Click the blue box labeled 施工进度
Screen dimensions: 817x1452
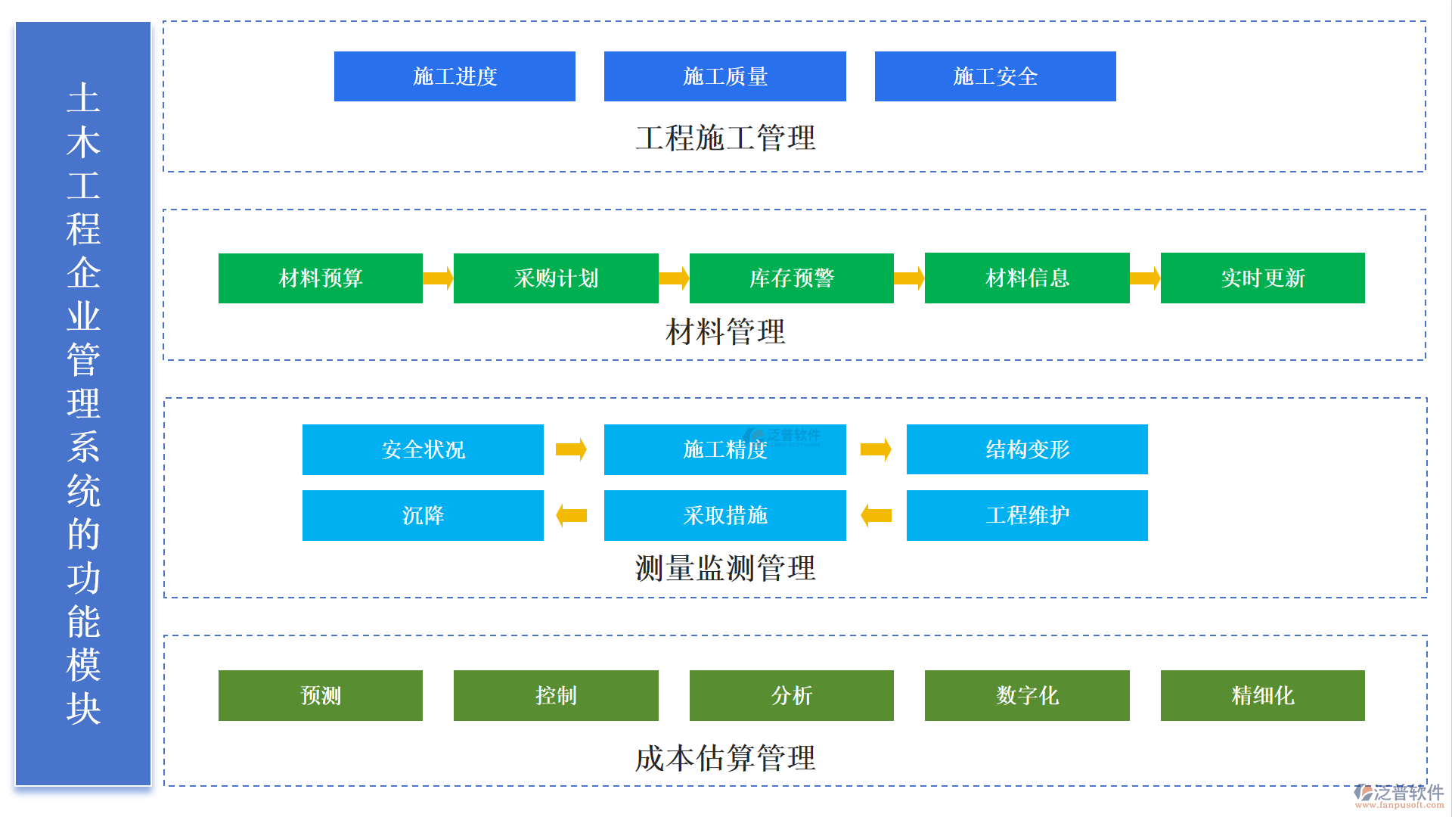pyautogui.click(x=455, y=76)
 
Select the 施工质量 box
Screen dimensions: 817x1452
pyautogui.click(x=724, y=76)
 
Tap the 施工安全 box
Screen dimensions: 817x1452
pyautogui.click(x=994, y=76)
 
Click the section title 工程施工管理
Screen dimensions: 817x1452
pyautogui.click(x=724, y=138)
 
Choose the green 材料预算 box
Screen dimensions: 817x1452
pyautogui.click(x=320, y=278)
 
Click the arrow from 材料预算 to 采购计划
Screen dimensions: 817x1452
pyautogui.click(x=438, y=278)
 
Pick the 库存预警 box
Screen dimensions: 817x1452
pyautogui.click(x=791, y=278)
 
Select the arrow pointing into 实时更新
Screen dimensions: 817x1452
pyautogui.click(x=1144, y=278)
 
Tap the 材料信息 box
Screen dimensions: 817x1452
pyautogui.click(x=1026, y=278)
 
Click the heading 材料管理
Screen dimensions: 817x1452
pyautogui.click(x=724, y=332)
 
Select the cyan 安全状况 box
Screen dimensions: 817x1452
pyautogui.click(x=423, y=449)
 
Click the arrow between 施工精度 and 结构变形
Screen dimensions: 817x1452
pyautogui.click(x=876, y=449)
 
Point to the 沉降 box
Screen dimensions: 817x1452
pyautogui.click(x=423, y=515)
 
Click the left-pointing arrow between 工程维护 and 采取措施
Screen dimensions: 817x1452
pyautogui.click(x=876, y=515)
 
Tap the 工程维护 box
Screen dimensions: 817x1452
pyautogui.click(x=1026, y=515)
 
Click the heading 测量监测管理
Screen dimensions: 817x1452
pyautogui.click(x=724, y=568)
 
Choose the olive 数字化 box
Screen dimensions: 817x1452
pyautogui.click(x=1026, y=695)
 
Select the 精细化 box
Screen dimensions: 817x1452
pyautogui.click(x=1262, y=695)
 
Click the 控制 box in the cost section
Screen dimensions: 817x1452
pyautogui.click(x=556, y=695)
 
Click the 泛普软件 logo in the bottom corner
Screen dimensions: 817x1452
pyautogui.click(x=1399, y=795)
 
